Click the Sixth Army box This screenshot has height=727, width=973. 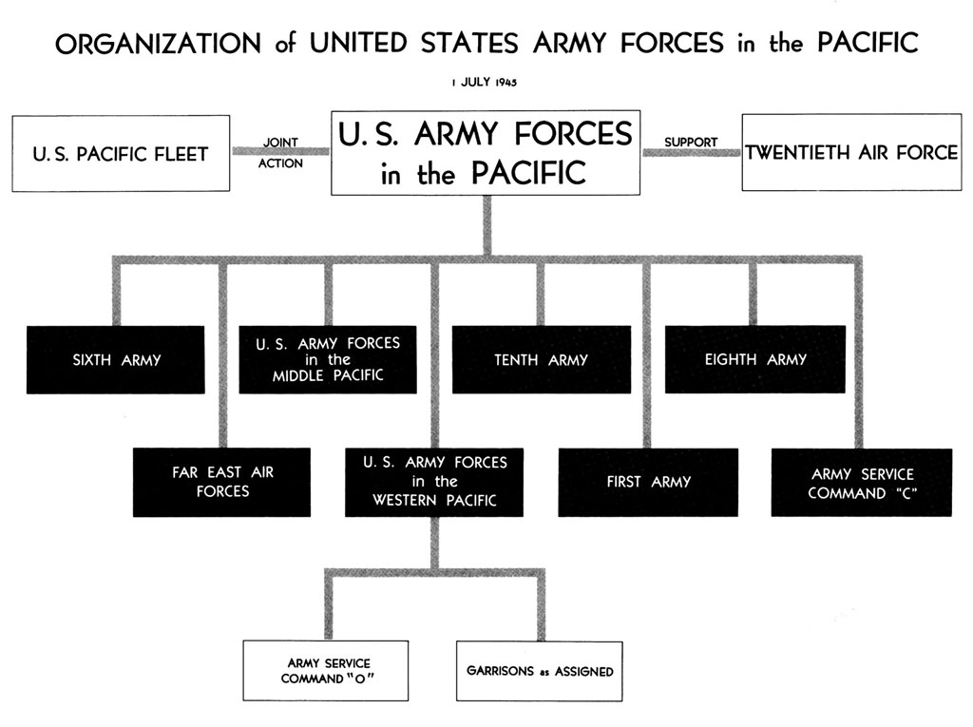click(115, 359)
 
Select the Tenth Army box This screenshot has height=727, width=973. click(541, 359)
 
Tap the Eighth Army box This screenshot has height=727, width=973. click(755, 359)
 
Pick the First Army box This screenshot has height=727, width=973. click(648, 482)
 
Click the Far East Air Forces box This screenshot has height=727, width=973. click(221, 482)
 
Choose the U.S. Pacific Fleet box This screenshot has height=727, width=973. click(121, 153)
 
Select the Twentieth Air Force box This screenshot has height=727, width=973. click(851, 152)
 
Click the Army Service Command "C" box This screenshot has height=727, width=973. click(861, 483)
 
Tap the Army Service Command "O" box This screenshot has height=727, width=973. click(326, 671)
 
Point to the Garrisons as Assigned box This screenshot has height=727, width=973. click(540, 671)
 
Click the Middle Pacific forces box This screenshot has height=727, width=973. click(328, 359)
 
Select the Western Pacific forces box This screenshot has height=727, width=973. click(434, 482)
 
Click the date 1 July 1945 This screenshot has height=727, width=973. click(484, 82)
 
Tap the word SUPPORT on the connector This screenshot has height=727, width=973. click(691, 143)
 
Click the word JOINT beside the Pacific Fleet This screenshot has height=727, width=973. click(280, 143)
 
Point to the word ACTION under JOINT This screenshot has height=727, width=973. click(280, 163)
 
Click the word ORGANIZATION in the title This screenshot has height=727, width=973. click(159, 44)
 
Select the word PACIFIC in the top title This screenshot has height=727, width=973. click(868, 43)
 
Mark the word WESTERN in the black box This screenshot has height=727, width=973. click(405, 501)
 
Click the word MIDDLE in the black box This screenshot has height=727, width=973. click(297, 375)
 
